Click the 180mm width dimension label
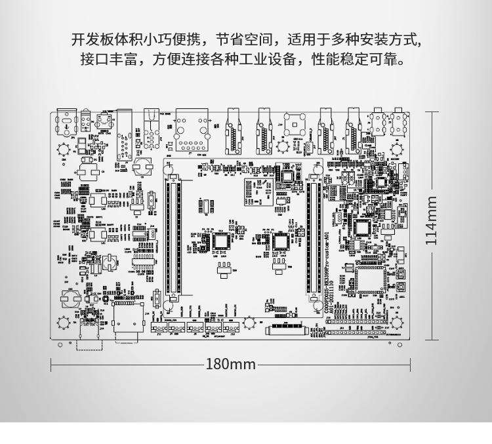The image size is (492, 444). tap(230, 363)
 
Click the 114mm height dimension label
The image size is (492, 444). tap(431, 221)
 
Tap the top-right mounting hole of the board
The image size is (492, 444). tap(396, 148)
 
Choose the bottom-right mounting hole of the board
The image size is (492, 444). tap(397, 323)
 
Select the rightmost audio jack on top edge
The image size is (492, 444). tap(397, 121)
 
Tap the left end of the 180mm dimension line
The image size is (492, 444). tap(52, 364)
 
